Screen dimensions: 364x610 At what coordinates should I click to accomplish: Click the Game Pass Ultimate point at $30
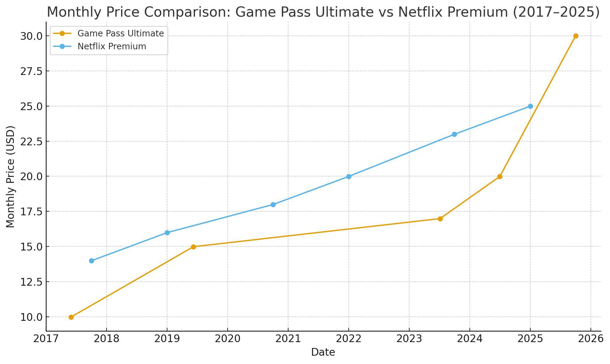576,36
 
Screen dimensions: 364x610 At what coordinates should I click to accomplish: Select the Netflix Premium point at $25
530,106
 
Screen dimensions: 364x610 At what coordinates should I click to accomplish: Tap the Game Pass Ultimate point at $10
71,317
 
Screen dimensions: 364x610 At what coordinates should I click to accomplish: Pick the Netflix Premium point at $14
91,261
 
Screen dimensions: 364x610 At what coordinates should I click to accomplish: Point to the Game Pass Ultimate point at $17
440,219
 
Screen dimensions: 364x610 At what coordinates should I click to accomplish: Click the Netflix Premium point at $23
454,134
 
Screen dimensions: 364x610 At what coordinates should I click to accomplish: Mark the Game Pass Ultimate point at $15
193,247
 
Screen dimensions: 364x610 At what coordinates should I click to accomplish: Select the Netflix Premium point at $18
273,205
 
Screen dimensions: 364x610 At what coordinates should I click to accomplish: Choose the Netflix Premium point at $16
167,233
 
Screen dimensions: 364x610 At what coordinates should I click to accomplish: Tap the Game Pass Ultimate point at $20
500,176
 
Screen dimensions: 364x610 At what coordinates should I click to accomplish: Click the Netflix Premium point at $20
349,176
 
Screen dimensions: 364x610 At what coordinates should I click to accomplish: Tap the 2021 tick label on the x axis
288,339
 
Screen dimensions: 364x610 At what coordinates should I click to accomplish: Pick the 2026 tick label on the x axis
591,339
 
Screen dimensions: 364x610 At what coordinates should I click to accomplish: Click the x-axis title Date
323,352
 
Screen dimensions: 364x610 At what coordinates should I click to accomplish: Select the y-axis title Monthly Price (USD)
11,176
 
